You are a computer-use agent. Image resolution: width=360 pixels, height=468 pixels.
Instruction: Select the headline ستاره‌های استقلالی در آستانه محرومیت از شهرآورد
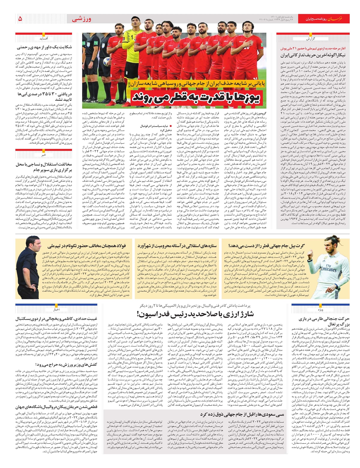tap(177, 246)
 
